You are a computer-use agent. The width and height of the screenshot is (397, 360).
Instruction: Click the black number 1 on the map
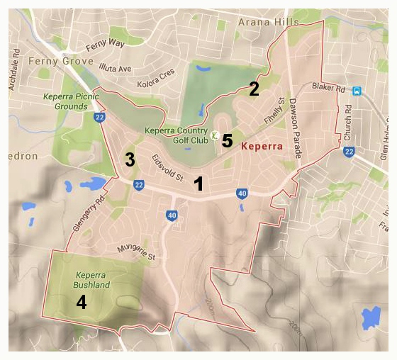(x=199, y=184)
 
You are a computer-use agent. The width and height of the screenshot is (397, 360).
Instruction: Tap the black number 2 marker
(x=253, y=89)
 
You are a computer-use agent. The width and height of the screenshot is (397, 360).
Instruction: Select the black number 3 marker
(x=130, y=159)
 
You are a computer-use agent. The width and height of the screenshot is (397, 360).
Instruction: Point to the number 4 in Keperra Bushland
(x=82, y=303)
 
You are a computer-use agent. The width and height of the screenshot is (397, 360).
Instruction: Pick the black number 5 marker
(x=226, y=140)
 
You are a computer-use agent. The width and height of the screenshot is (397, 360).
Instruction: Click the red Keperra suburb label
(x=262, y=147)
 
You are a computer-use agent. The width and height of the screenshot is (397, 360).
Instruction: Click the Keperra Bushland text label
(x=92, y=280)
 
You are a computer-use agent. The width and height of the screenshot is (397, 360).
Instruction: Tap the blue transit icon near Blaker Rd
(x=357, y=91)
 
